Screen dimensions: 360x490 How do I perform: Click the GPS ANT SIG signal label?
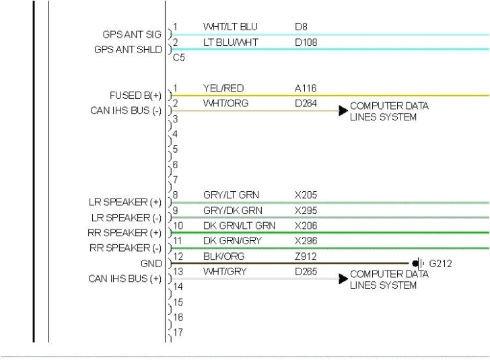[x=132, y=34]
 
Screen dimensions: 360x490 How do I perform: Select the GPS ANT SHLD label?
[x=128, y=50]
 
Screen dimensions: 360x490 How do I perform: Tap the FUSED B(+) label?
[x=135, y=96]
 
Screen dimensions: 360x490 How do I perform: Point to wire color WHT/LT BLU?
[x=230, y=27]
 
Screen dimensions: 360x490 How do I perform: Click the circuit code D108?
[x=306, y=42]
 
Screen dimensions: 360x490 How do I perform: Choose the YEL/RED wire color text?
[x=223, y=88]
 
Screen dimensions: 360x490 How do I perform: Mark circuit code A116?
[x=306, y=88]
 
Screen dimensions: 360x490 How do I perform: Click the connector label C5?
[x=179, y=58]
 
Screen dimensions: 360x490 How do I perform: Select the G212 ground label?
[x=441, y=263]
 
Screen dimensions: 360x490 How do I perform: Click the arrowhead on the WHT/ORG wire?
[x=343, y=110]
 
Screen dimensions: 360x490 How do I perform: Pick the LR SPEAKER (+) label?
[x=125, y=203]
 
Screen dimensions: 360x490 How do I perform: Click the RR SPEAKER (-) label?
[x=126, y=248]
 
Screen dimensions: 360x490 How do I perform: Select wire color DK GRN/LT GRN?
[x=239, y=225]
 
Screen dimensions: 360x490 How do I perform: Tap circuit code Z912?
[x=306, y=256]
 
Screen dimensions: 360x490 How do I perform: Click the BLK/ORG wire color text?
[x=223, y=256]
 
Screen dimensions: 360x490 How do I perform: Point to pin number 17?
[x=178, y=332]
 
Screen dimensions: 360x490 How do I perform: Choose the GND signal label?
[x=151, y=264]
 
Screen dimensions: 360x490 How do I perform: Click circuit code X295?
[x=306, y=210]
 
